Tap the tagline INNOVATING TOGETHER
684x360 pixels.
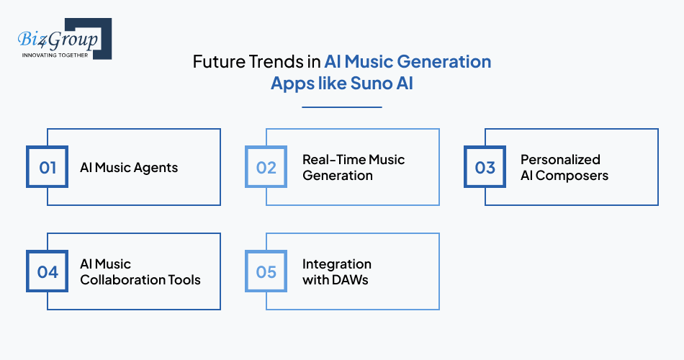(55, 55)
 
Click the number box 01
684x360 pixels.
(48, 167)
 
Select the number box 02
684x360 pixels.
(266, 167)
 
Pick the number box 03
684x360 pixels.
(485, 167)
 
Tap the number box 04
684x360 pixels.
(48, 271)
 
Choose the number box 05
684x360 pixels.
(266, 271)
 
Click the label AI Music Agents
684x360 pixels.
(129, 168)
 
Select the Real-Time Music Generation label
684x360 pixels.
(353, 167)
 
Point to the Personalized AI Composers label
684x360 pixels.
(564, 167)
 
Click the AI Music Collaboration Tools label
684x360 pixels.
(140, 271)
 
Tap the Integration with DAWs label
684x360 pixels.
(336, 271)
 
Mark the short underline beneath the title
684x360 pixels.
(341, 107)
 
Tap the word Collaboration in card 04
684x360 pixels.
(123, 279)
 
